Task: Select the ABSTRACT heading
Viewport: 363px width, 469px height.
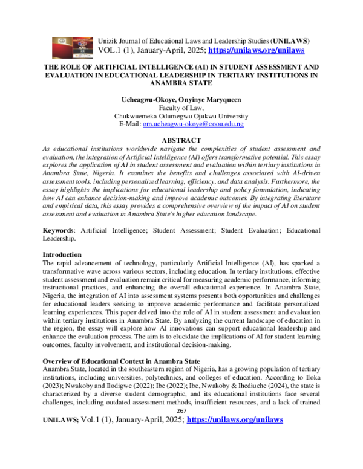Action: coord(181,138)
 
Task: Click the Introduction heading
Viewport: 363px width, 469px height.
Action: coord(68,255)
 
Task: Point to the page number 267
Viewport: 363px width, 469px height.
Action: coord(181,443)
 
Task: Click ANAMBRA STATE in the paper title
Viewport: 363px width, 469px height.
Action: coord(181,85)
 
